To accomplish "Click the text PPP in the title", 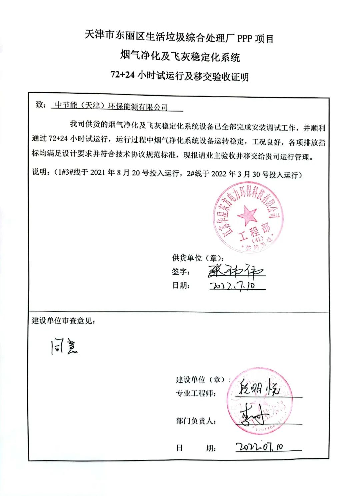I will tap(245, 39).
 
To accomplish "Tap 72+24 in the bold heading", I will tap(122, 75).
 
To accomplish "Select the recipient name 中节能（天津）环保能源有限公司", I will tap(111, 106).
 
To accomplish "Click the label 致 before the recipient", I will tap(39, 105).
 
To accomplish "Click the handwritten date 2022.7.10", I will tap(233, 286).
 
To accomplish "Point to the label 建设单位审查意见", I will tap(63, 321).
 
